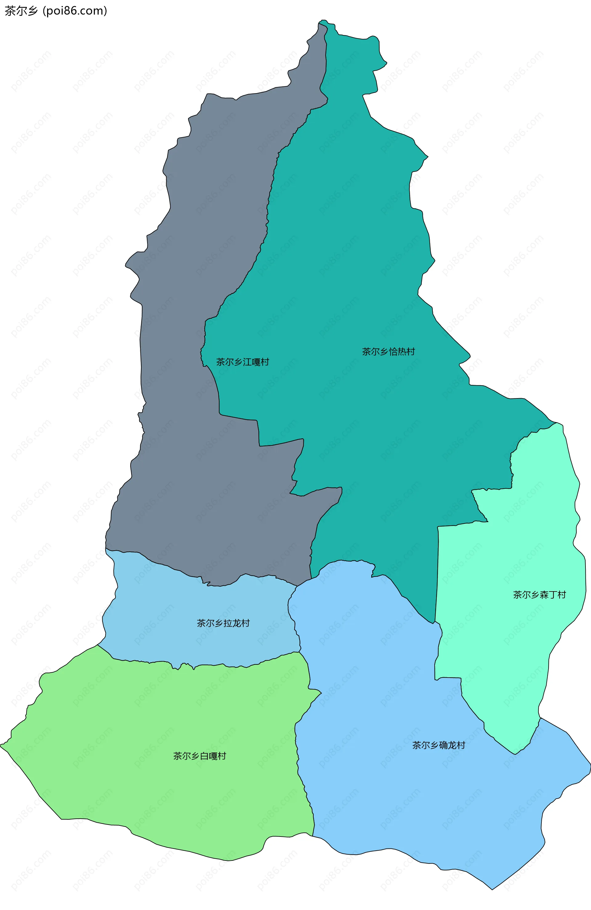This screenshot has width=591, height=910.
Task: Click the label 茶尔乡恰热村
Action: pyautogui.click(x=388, y=351)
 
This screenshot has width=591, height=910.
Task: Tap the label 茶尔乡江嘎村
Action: pyautogui.click(x=242, y=362)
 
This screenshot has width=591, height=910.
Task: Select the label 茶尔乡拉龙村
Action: pyautogui.click(x=223, y=623)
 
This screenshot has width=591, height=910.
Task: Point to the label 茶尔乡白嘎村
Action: pyautogui.click(x=199, y=756)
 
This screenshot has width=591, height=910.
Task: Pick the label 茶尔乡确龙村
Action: pyautogui.click(x=438, y=745)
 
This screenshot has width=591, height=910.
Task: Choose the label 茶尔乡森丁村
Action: pyautogui.click(x=539, y=595)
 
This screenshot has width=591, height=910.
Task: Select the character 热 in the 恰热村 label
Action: pyautogui.click(x=401, y=351)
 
